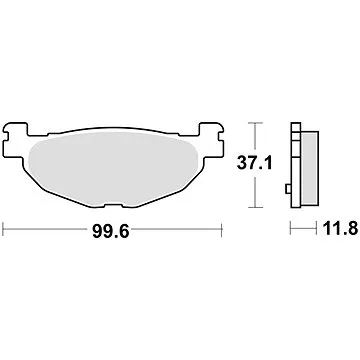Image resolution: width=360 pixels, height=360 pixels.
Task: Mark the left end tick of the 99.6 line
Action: pyautogui.click(x=4, y=229)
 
